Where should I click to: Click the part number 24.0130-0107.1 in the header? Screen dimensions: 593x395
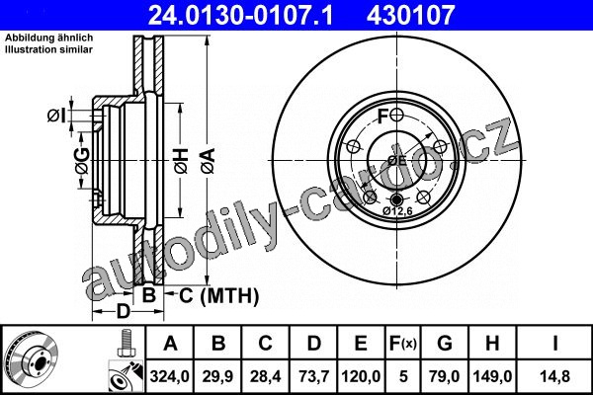tap(240, 15)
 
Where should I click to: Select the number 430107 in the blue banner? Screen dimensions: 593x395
tap(410, 15)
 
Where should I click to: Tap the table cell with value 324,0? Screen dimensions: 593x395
tap(169, 376)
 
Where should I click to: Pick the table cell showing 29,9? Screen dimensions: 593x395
tap(217, 376)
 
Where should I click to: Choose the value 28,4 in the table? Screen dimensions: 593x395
tap(265, 376)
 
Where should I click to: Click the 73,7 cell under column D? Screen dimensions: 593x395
tap(313, 376)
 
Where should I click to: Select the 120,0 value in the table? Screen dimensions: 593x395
tap(361, 376)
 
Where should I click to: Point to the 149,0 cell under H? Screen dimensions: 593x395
tap(492, 376)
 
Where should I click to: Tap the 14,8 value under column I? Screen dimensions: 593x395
tap(554, 376)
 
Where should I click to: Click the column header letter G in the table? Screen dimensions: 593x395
tap(445, 344)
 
